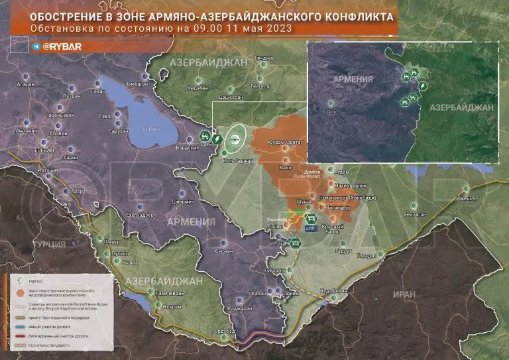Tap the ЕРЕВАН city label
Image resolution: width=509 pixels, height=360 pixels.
point(45,150)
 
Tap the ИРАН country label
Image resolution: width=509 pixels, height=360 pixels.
point(402,294)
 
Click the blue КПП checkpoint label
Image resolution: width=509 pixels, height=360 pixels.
point(310,228)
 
